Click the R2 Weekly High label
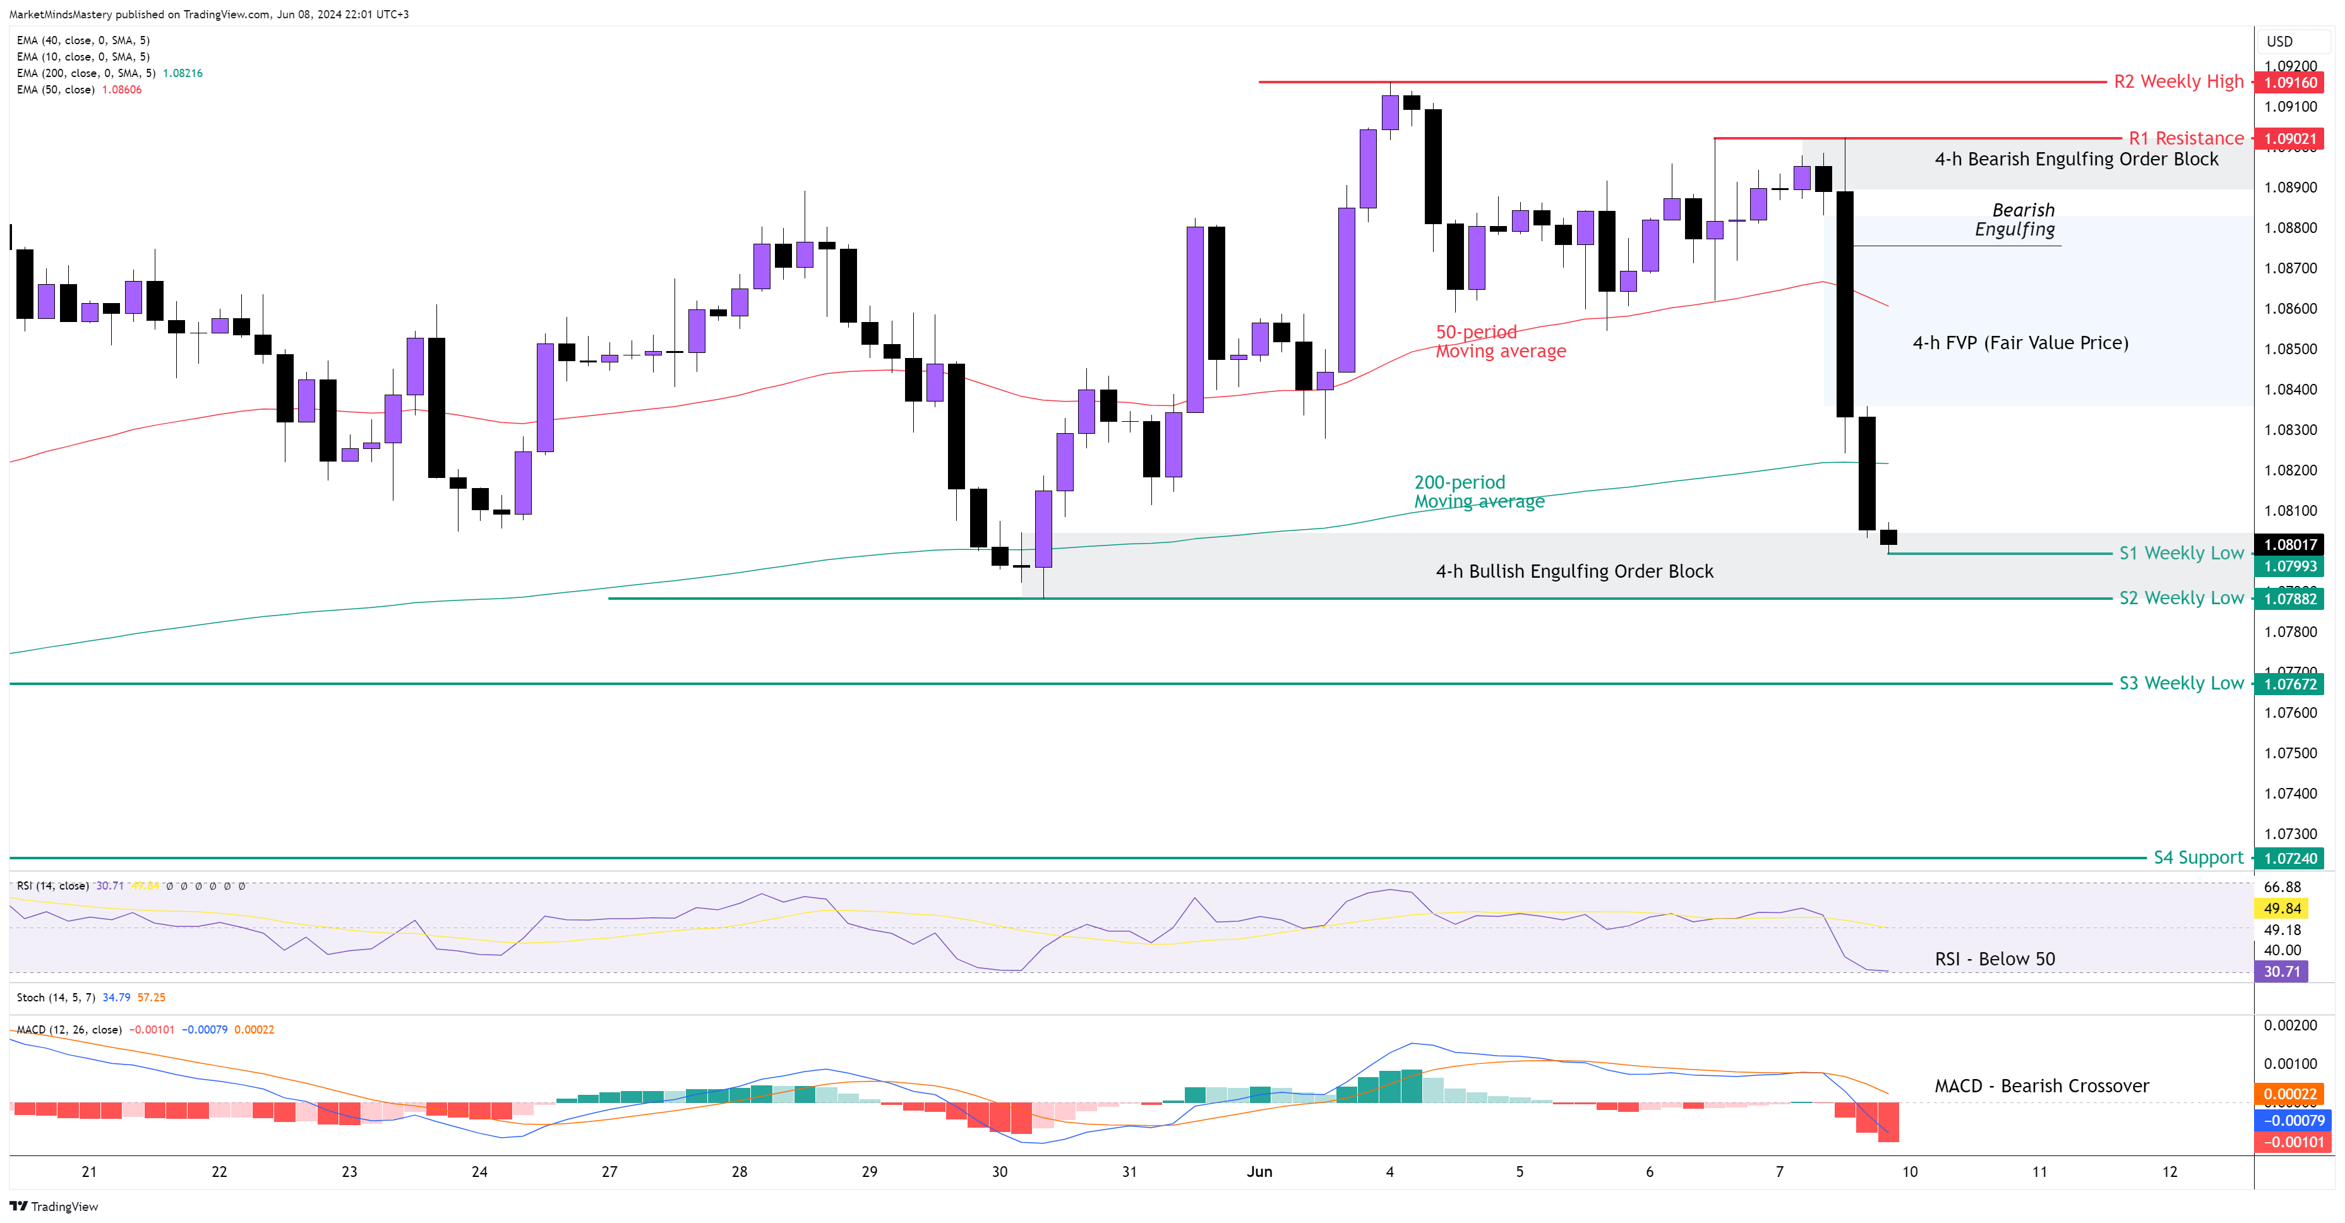pyautogui.click(x=2178, y=82)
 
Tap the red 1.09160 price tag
pyautogui.click(x=2289, y=83)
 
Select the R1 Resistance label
pyautogui.click(x=2186, y=138)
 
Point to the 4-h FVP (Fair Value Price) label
pyautogui.click(x=2020, y=343)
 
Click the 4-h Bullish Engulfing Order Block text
pyautogui.click(x=1574, y=571)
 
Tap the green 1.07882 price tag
pyautogui.click(x=2289, y=599)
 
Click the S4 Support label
pyautogui.click(x=2197, y=857)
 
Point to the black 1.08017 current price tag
pyautogui.click(x=2289, y=544)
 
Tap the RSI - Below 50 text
pyautogui.click(x=1994, y=959)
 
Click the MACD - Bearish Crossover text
pyautogui.click(x=2041, y=1085)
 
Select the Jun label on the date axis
pyautogui.click(x=1259, y=1172)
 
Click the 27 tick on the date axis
pyautogui.click(x=609, y=1172)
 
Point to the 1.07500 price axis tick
pyautogui.click(x=2291, y=753)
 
